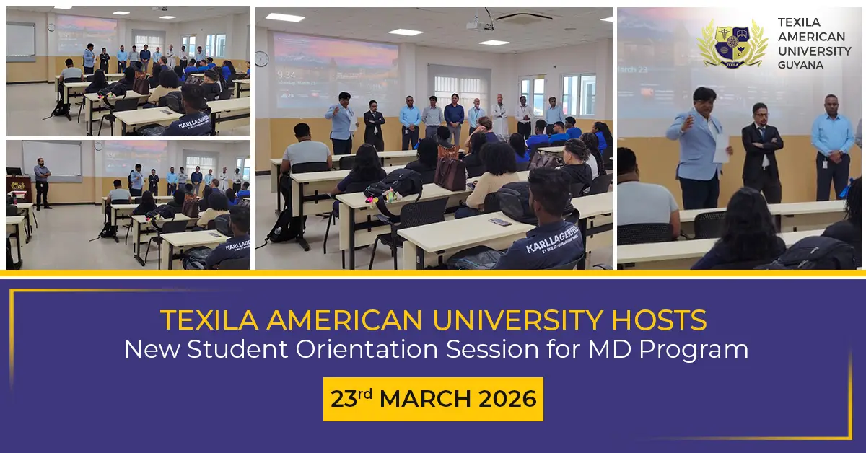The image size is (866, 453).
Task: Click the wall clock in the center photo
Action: point(262,59)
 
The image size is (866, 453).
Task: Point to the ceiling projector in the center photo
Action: point(480,25)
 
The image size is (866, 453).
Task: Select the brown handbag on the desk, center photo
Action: point(450,173)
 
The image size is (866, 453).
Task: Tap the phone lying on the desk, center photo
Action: point(499,221)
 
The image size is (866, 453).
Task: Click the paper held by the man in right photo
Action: point(720,149)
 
